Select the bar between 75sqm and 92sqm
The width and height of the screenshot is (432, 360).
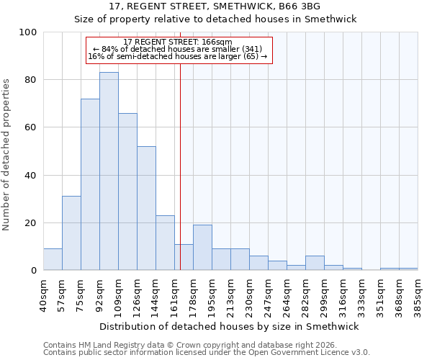[x=90, y=184]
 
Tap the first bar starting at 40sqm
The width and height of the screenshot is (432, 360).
[x=53, y=259]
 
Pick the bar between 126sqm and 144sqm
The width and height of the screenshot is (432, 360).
[x=146, y=208]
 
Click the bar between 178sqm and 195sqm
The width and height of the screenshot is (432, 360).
[x=202, y=248]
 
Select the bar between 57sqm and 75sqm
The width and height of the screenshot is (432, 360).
[x=71, y=233]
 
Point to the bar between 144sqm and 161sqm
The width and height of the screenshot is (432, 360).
[x=165, y=243]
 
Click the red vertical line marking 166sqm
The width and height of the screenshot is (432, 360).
[x=180, y=166]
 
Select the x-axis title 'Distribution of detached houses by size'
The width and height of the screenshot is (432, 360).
[x=230, y=326]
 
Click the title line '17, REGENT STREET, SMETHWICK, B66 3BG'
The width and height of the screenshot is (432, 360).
[x=216, y=6]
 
